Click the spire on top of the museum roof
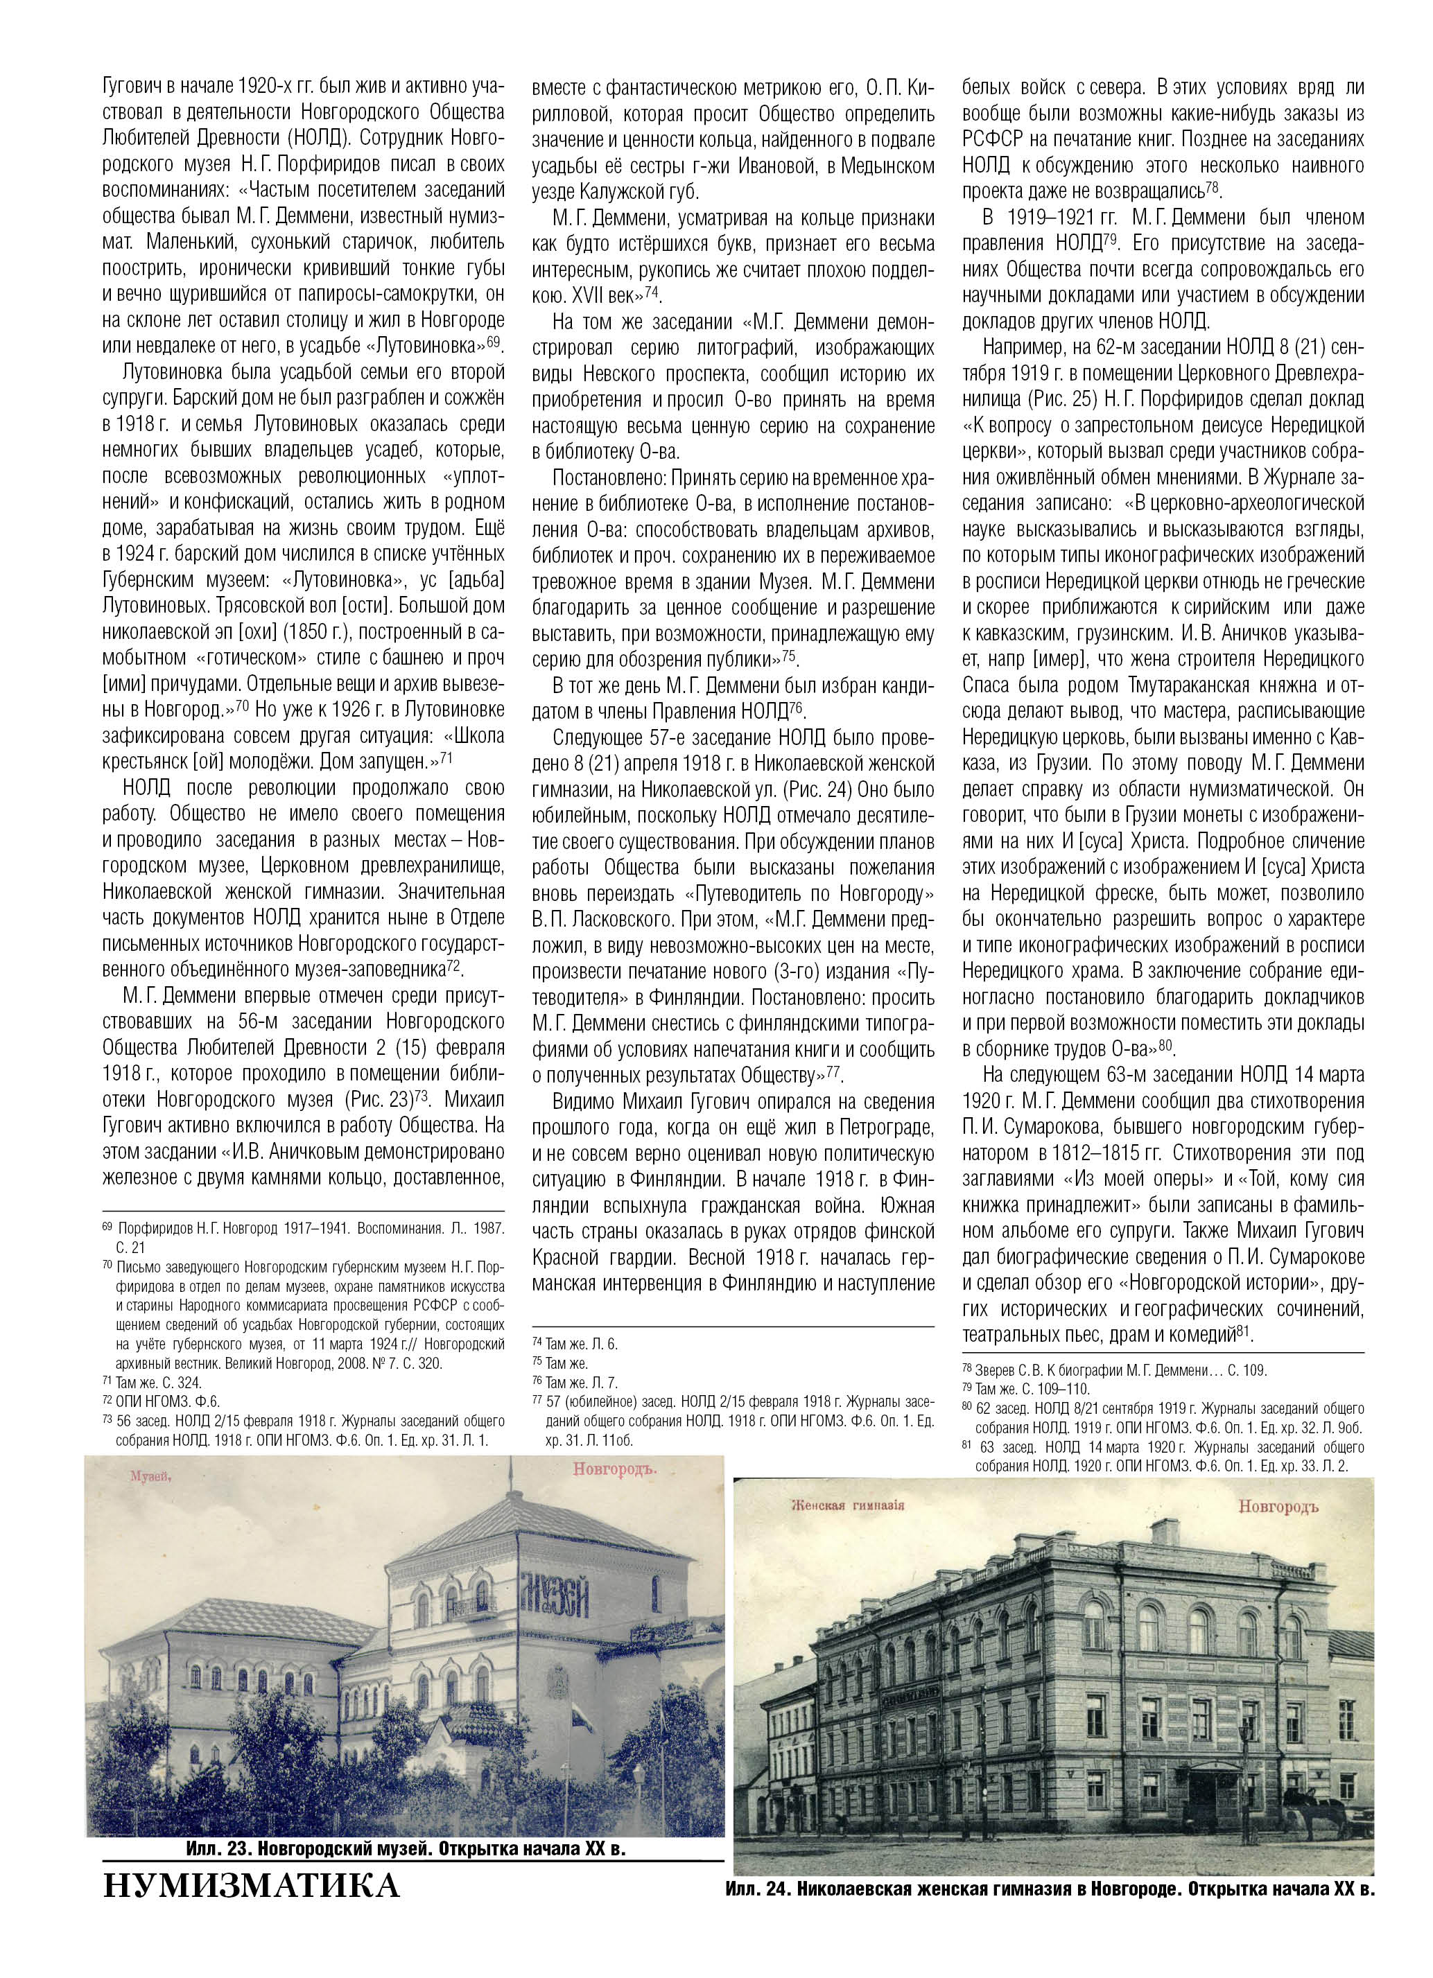pyautogui.click(x=511, y=1474)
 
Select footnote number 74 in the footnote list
pyautogui.click(x=537, y=1344)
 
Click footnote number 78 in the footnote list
pyautogui.click(x=967, y=1369)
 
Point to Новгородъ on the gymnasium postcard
pyautogui.click(x=1277, y=1507)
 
